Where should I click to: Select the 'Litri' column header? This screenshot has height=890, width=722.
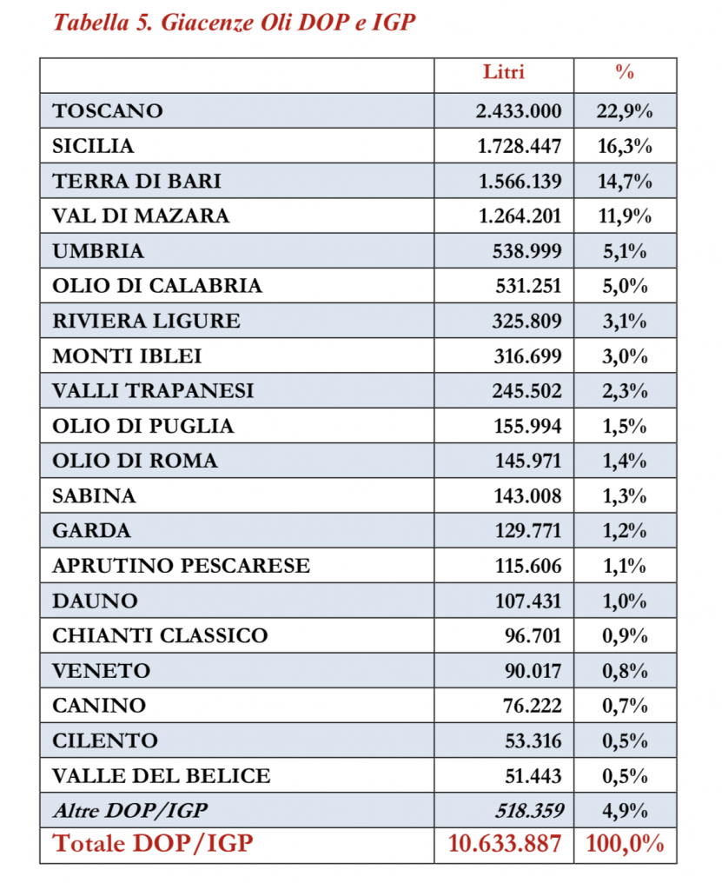point(504,72)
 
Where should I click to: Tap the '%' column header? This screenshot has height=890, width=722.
point(625,72)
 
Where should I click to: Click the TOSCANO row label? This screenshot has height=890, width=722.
point(108,111)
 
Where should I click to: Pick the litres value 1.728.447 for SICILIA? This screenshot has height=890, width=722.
point(520,146)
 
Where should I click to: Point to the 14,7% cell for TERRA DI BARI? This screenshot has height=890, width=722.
point(625,181)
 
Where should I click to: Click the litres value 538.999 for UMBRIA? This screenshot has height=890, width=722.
point(527,251)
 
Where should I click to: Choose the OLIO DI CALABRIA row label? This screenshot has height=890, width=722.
point(157,286)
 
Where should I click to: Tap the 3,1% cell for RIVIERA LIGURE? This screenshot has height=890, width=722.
point(625,321)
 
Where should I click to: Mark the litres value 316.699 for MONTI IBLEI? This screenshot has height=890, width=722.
point(527,356)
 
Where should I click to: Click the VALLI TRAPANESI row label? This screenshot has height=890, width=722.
point(153,391)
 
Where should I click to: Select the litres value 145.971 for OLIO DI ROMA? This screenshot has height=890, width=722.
point(527,461)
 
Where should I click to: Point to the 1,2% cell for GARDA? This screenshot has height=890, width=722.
point(625,531)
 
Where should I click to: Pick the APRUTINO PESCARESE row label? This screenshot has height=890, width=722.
point(181,566)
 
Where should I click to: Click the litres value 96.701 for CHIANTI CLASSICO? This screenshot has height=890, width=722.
point(533,635)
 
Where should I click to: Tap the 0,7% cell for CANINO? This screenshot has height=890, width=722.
point(625,706)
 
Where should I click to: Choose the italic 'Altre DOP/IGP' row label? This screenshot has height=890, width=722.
point(130,811)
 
